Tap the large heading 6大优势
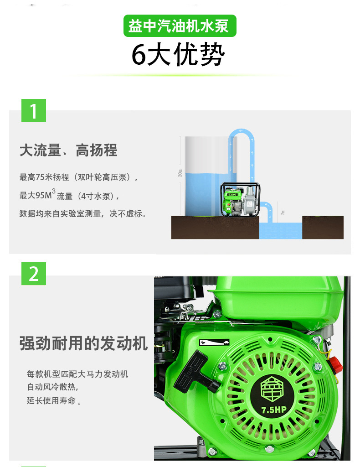pyautogui.click(x=178, y=56)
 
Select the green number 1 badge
pyautogui.click(x=34, y=110)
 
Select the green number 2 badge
pyautogui.click(x=34, y=274)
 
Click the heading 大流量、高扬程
pyautogui.click(x=68, y=150)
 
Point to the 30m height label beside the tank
pyautogui.click(x=180, y=173)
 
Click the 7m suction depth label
pyautogui.click(x=283, y=213)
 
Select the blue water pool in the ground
pyautogui.click(x=280, y=231)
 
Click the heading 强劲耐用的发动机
pyautogui.click(x=84, y=343)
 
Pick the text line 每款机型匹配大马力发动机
pyautogui.click(x=77, y=374)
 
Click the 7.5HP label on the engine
pyautogui.click(x=274, y=409)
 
